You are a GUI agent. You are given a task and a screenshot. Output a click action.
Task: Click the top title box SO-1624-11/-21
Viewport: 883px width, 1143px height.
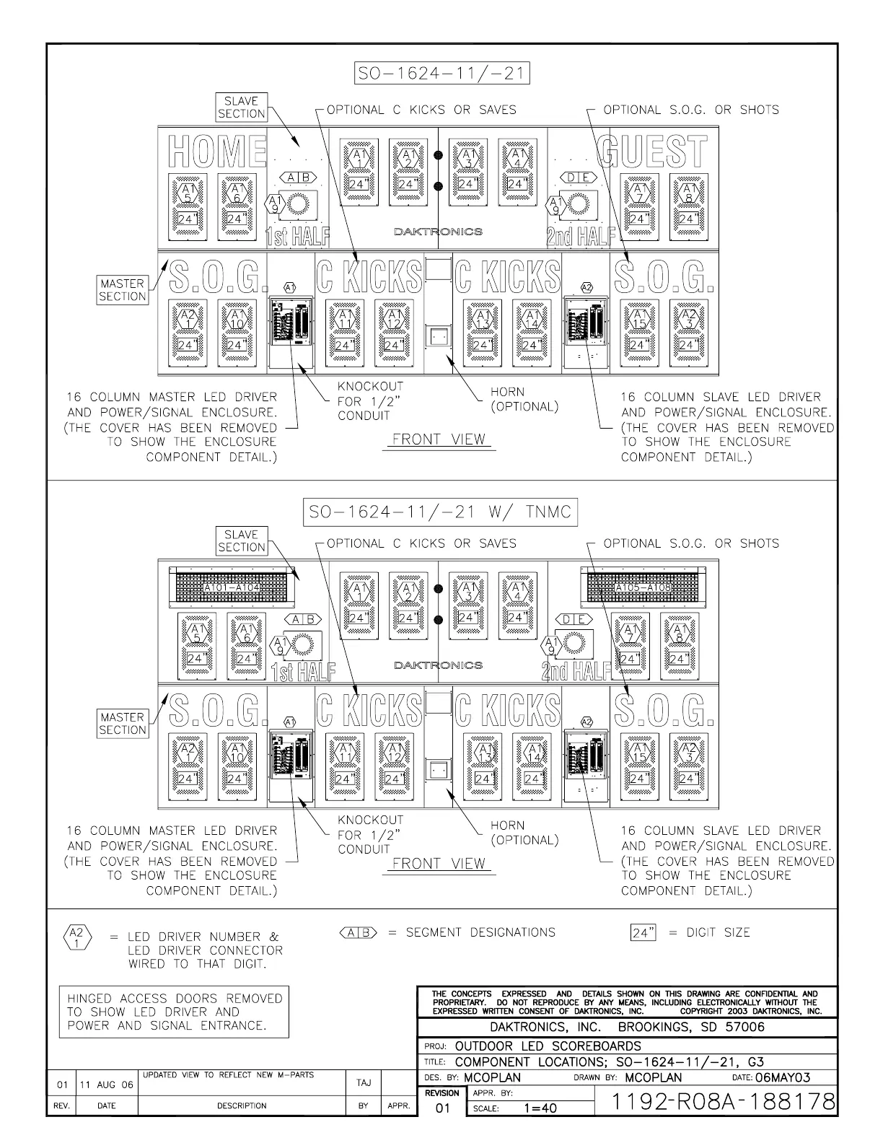pyautogui.click(x=441, y=74)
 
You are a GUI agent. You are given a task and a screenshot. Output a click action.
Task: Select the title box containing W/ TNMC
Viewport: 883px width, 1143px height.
pyautogui.click(x=440, y=513)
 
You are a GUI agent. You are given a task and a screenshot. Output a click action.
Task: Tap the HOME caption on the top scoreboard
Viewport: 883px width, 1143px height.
pyautogui.click(x=217, y=152)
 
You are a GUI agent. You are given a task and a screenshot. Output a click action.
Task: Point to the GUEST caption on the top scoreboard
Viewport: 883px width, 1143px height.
pyautogui.click(x=654, y=152)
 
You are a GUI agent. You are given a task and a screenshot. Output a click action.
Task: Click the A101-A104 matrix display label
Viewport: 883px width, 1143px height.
pyautogui.click(x=232, y=588)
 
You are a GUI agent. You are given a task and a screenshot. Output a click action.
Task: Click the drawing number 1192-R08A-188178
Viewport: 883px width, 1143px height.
pyautogui.click(x=714, y=1101)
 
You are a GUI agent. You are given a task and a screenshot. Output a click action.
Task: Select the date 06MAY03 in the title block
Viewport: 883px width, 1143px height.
pyautogui.click(x=781, y=1077)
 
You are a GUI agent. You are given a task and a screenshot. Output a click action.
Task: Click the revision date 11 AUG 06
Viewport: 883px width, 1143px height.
pyautogui.click(x=106, y=1085)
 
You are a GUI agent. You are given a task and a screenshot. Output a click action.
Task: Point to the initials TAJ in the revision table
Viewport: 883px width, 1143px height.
pyautogui.click(x=364, y=1082)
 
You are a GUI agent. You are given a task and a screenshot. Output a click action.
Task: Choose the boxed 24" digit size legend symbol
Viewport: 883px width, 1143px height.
pyautogui.click(x=643, y=933)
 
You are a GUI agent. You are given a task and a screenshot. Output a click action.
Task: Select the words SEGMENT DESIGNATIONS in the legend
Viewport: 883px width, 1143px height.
pyautogui.click(x=480, y=932)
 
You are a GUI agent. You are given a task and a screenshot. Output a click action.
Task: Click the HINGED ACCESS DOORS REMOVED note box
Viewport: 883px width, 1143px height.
pyautogui.click(x=174, y=1012)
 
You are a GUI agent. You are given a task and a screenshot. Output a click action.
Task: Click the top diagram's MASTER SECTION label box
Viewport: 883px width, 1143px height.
pyautogui.click(x=123, y=290)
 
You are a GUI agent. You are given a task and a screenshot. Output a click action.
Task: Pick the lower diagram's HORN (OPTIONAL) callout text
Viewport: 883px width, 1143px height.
pyautogui.click(x=524, y=833)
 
